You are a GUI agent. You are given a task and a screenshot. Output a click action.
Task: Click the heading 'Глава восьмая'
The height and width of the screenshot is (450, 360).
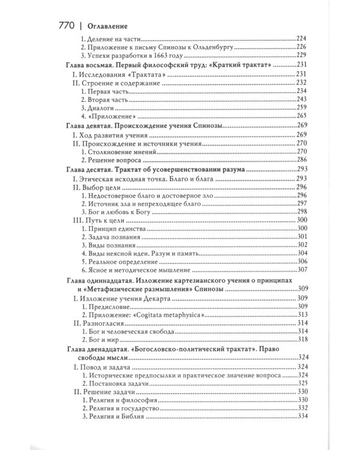click(89, 64)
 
